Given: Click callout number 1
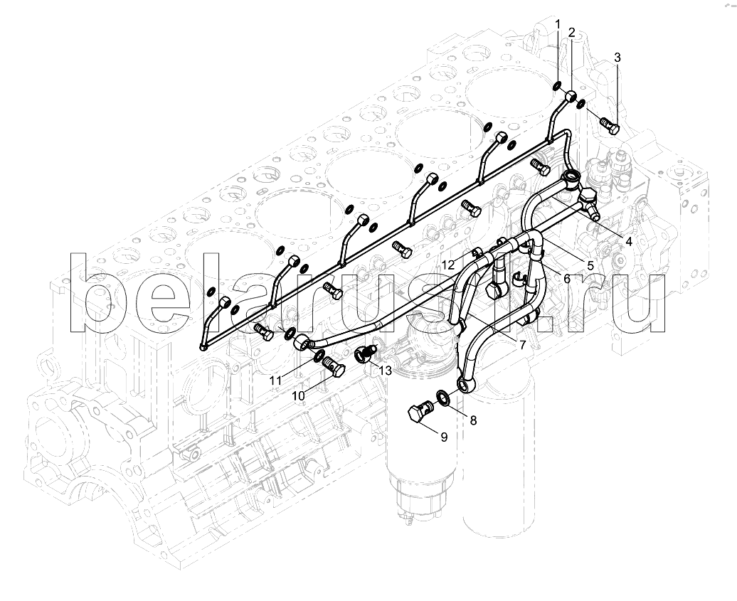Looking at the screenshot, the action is [558, 23].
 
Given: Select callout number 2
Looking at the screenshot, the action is [571, 32].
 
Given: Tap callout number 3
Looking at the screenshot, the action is [617, 58].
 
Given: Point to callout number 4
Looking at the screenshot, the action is [628, 242].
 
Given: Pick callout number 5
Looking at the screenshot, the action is [591, 265].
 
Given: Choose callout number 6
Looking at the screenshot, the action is [567, 279].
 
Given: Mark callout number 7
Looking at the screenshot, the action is [522, 346].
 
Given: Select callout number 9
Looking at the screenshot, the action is [444, 437].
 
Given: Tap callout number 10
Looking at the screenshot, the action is [299, 396].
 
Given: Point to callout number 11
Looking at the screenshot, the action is [275, 380].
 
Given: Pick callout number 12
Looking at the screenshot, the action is [448, 265].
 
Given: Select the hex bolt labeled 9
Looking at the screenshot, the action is [420, 411].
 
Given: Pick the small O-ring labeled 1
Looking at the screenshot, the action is [556, 87].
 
